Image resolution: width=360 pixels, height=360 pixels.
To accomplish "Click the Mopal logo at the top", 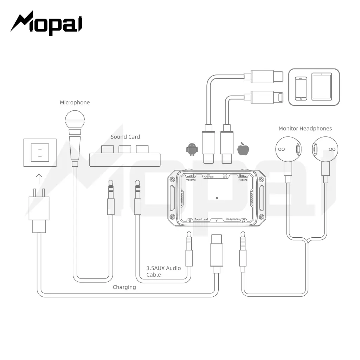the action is pyautogui.click(x=46, y=23).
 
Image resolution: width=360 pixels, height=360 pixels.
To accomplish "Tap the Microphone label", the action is pyautogui.click(x=75, y=102).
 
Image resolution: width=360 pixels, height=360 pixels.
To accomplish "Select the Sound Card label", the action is pyautogui.click(x=125, y=137).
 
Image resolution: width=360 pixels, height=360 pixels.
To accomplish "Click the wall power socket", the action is pyautogui.click(x=40, y=153).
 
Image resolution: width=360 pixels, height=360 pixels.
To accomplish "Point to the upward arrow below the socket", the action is pyautogui.click(x=39, y=179).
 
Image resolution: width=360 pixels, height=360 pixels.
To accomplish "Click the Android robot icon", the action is pyautogui.click(x=192, y=149).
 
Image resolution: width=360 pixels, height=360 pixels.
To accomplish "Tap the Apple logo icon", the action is pyautogui.click(x=243, y=149).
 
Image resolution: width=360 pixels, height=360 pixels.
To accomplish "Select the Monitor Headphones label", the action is pyautogui.click(x=305, y=129).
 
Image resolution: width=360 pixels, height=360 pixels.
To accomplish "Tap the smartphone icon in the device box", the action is pyautogui.click(x=301, y=88).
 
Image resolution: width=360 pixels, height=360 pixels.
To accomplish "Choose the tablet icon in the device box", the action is pyautogui.click(x=321, y=86).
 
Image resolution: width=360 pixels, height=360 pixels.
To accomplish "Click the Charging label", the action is pyautogui.click(x=124, y=287).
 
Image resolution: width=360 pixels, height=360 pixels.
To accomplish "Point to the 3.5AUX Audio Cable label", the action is pyautogui.click(x=163, y=271).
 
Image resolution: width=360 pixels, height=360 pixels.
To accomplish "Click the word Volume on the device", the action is pyautogui.click(x=191, y=180).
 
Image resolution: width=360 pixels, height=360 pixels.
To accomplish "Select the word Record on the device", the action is pyautogui.click(x=243, y=180).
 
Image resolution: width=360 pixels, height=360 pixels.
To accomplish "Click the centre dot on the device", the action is pyautogui.click(x=217, y=198).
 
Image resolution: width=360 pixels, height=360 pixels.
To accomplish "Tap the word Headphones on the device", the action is pyautogui.click(x=232, y=219).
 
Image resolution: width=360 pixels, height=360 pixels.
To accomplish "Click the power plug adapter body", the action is pyautogui.click(x=39, y=208).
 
